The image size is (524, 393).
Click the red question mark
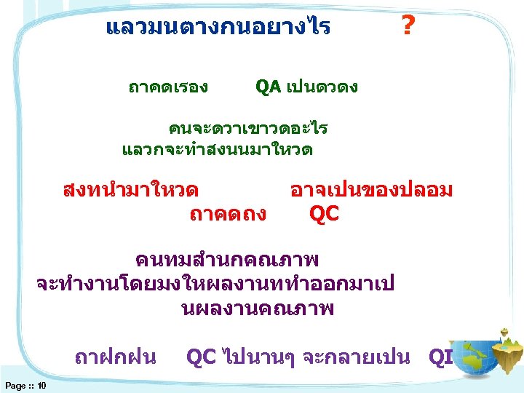pos(408,28)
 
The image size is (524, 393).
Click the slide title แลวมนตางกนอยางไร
pos(218,28)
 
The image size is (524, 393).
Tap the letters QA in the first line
pos(268,87)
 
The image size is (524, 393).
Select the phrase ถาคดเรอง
pos(168,88)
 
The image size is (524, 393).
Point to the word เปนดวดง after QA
pos(322,88)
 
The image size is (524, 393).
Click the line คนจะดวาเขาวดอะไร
pos(248,130)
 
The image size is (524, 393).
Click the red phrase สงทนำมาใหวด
pos(131,191)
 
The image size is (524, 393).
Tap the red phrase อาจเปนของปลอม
pos(371,191)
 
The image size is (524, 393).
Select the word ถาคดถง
pos(227,214)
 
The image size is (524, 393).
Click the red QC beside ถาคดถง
pos(324,214)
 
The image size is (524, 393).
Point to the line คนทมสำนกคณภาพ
pos(227,260)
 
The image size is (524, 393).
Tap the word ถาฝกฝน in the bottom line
pos(116,357)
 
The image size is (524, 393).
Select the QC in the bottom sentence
pos(202,357)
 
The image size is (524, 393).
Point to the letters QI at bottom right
pos(440,357)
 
